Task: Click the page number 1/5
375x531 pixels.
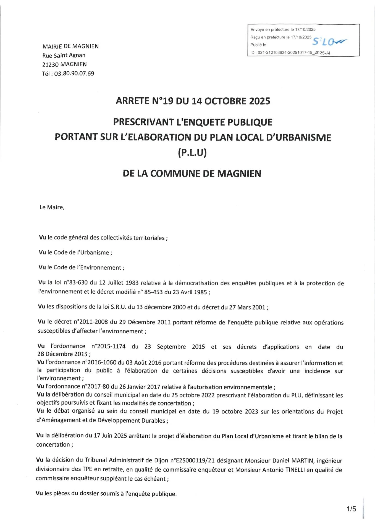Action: tap(352, 509)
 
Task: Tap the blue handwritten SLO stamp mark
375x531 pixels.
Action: tap(329, 41)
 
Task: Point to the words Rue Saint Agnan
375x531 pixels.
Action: tap(64, 55)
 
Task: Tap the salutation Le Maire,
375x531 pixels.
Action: tap(52, 207)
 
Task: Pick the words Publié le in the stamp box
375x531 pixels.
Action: tap(258, 45)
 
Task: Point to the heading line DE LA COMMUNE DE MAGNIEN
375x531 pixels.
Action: tap(192, 174)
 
